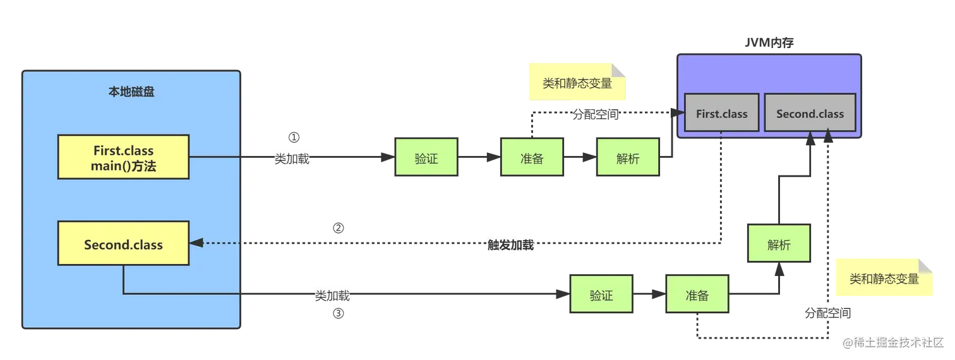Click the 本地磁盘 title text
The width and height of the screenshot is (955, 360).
131,92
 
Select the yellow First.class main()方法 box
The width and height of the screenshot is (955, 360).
123,157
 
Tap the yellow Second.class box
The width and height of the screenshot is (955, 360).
123,244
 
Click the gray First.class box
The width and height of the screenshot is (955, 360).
721,114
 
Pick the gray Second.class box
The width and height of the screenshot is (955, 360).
810,114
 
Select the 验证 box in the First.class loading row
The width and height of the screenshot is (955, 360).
426,159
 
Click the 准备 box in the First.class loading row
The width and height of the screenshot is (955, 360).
532,159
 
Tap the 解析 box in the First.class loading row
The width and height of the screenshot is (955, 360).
627,159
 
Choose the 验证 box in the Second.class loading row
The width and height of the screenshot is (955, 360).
601,295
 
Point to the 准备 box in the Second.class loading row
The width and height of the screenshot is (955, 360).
697,295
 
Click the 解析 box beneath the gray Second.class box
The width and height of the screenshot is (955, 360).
779,245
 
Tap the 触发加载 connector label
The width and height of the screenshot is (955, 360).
510,245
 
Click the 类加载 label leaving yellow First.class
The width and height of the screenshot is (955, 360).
292,159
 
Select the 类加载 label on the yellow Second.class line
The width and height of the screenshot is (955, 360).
333,296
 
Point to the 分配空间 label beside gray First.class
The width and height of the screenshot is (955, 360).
596,114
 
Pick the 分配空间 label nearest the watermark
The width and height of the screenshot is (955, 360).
827,313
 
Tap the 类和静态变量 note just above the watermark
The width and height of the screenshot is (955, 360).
884,278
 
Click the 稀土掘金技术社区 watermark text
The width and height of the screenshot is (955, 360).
897,342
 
